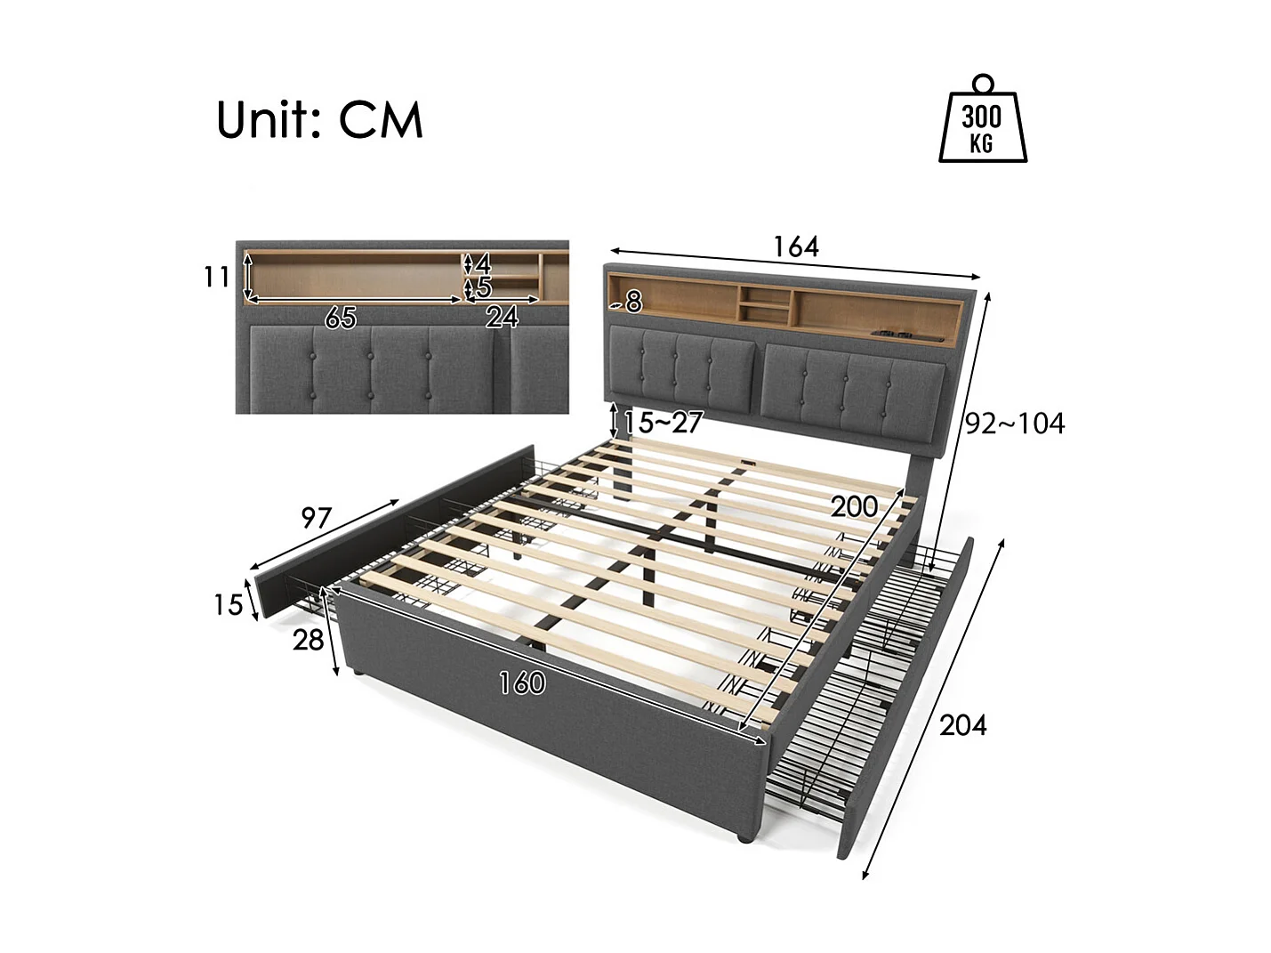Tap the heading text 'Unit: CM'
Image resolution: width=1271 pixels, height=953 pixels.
[x=319, y=120]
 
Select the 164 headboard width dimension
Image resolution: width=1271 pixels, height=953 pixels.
[x=795, y=246]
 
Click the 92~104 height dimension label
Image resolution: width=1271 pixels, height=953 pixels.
[x=1015, y=424]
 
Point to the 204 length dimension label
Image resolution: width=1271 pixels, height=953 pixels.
[x=963, y=725]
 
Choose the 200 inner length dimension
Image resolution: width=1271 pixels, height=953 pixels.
[x=854, y=506]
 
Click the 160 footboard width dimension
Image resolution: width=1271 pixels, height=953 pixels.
[x=522, y=682]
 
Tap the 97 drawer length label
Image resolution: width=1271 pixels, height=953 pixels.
[x=316, y=517]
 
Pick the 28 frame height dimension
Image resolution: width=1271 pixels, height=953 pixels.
[x=308, y=639]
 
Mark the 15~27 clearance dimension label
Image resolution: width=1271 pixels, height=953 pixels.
[x=664, y=423]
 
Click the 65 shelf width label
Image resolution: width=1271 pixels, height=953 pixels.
[x=341, y=317]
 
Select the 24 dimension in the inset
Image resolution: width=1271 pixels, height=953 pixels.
[x=502, y=317]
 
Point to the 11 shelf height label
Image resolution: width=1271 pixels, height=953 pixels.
[x=215, y=278]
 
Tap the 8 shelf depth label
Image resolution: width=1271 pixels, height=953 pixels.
[x=633, y=303]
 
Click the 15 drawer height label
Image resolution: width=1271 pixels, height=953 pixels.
[x=228, y=605]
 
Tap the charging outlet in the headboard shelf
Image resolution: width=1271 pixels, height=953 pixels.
[x=894, y=335]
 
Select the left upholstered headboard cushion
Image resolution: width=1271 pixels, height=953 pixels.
[x=684, y=373]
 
